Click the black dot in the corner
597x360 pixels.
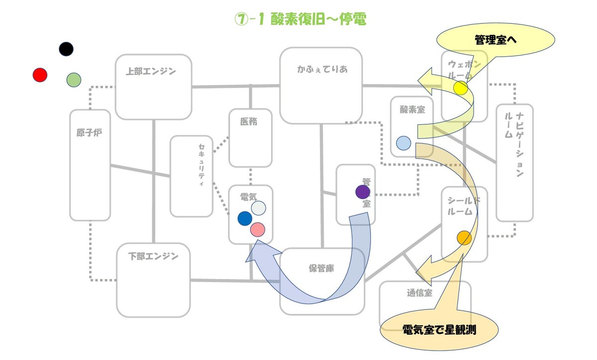click(66, 49)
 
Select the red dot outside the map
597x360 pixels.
click(40, 75)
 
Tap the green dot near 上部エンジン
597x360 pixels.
click(74, 80)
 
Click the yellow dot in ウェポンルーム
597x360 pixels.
click(461, 89)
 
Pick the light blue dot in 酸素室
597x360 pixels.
click(403, 143)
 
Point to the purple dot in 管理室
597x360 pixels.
click(363, 191)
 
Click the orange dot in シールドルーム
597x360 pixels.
click(464, 238)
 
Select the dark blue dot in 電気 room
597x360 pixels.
click(245, 218)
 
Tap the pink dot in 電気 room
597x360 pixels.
click(258, 229)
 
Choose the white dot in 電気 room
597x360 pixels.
click(258, 208)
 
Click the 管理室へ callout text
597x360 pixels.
click(496, 40)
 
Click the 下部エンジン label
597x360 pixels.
click(153, 257)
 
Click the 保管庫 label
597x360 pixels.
click(321, 269)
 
